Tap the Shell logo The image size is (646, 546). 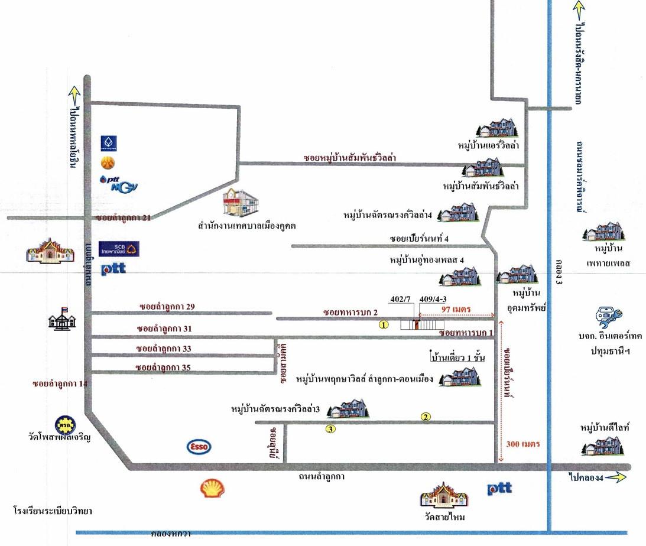[x=212, y=489]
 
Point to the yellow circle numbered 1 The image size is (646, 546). [x=384, y=324]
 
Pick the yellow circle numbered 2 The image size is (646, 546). [x=426, y=417]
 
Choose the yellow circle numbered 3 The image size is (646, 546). [x=331, y=429]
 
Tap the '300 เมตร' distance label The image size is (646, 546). [x=523, y=443]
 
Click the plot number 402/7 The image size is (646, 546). [x=401, y=300]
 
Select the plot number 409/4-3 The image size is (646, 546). [x=430, y=300]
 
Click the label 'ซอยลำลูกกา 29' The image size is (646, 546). [x=167, y=307]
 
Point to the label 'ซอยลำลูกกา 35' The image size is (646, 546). [x=163, y=368]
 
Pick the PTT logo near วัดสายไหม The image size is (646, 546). [x=499, y=489]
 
